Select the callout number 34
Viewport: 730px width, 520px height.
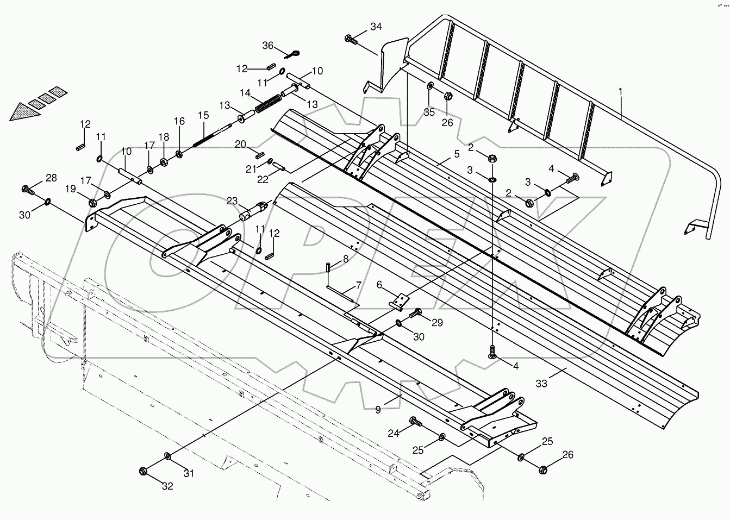(x=376, y=27)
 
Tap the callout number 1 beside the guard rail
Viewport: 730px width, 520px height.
(x=620, y=93)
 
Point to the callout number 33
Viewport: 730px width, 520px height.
(x=541, y=384)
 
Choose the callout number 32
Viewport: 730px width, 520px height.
(x=167, y=486)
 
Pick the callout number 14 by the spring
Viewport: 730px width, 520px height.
(x=246, y=93)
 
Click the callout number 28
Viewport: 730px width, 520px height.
(x=51, y=178)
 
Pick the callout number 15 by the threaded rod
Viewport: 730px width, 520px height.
(x=203, y=115)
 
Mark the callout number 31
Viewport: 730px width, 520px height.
(x=188, y=473)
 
